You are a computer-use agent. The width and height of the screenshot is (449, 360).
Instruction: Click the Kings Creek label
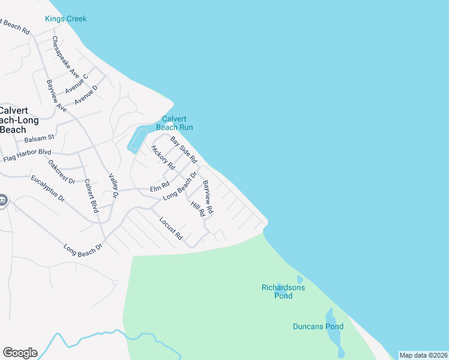66,19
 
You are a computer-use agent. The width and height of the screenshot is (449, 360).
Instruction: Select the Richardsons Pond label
283,292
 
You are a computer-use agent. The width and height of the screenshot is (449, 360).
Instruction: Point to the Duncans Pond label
318,326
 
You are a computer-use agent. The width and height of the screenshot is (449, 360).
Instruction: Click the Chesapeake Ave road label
65,56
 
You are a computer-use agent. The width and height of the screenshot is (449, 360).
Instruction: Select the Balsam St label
39,139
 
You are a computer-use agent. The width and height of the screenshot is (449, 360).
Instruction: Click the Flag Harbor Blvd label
27,156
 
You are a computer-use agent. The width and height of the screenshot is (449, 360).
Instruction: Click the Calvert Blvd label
91,196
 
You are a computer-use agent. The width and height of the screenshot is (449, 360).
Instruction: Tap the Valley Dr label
113,187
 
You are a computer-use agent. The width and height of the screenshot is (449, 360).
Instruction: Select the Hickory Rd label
163,157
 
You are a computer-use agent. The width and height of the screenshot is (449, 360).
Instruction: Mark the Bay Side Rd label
184,150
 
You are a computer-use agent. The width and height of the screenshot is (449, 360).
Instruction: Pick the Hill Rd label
198,209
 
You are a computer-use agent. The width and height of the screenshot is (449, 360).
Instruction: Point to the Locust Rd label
170,229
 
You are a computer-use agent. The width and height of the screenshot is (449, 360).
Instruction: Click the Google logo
20,353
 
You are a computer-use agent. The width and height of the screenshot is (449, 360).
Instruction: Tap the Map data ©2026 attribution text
423,355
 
